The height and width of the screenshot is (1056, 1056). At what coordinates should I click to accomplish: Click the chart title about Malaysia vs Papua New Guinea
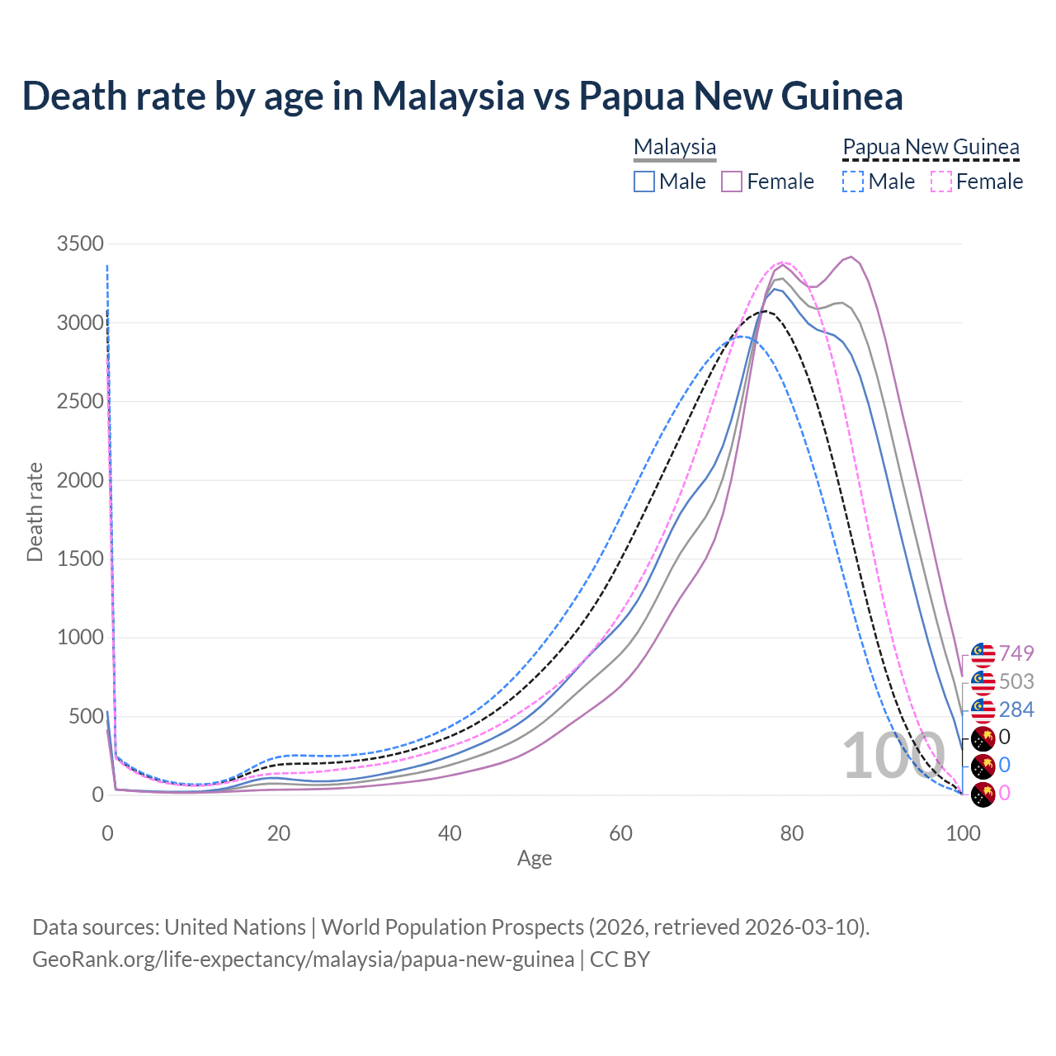pyautogui.click(x=462, y=96)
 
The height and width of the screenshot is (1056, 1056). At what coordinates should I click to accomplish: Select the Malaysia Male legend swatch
pyautogui.click(x=644, y=181)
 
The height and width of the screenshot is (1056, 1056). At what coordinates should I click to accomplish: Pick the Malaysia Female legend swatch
pyautogui.click(x=732, y=181)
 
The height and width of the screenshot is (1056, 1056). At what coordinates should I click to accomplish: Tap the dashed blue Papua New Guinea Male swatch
pyautogui.click(x=853, y=181)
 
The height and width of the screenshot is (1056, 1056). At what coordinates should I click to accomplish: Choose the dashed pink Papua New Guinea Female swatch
pyautogui.click(x=941, y=181)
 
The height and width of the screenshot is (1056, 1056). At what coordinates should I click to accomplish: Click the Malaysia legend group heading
pyautogui.click(x=675, y=147)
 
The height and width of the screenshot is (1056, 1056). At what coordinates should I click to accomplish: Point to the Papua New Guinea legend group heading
pyautogui.click(x=931, y=147)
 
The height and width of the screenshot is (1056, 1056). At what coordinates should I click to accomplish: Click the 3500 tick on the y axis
pyautogui.click(x=80, y=243)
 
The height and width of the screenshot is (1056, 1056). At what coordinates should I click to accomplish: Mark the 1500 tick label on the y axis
pyautogui.click(x=80, y=559)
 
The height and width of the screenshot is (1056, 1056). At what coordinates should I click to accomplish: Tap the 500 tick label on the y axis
pyautogui.click(x=86, y=716)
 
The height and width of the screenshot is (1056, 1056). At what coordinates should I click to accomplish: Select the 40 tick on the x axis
pyautogui.click(x=450, y=833)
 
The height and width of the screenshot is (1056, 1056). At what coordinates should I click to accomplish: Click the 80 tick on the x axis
pyautogui.click(x=792, y=833)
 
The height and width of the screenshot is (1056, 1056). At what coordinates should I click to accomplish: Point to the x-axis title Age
pyautogui.click(x=535, y=859)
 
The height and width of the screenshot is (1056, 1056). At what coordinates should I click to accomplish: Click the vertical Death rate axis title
pyautogui.click(x=35, y=511)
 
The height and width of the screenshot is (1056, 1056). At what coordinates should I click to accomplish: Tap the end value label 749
pyautogui.click(x=1016, y=653)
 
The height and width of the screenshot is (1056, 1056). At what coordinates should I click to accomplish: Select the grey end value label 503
pyautogui.click(x=1016, y=681)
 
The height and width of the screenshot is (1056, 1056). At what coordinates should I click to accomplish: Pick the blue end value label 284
pyautogui.click(x=1016, y=709)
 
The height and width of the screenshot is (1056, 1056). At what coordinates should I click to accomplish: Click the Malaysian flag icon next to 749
pyautogui.click(x=983, y=654)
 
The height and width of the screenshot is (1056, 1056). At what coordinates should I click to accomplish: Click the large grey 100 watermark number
pyautogui.click(x=893, y=756)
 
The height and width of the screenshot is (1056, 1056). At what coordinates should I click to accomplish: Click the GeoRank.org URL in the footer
pyautogui.click(x=303, y=959)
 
